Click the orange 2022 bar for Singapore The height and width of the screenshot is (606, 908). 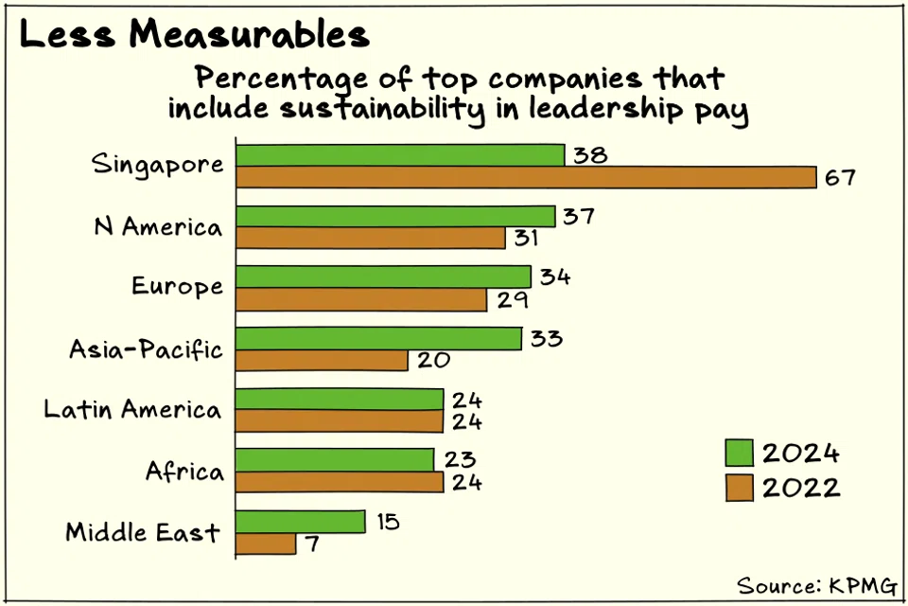pyautogui.click(x=525, y=177)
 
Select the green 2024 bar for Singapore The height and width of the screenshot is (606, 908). pyautogui.click(x=399, y=155)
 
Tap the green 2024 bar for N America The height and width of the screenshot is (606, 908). pyautogui.click(x=394, y=217)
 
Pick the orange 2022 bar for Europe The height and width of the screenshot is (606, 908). pyautogui.click(x=360, y=299)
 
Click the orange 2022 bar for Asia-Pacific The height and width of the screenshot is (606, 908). pyautogui.click(x=322, y=360)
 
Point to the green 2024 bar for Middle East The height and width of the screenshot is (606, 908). pyautogui.click(x=300, y=522)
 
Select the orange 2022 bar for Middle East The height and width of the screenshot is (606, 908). pyautogui.click(x=266, y=544)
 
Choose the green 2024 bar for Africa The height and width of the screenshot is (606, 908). pyautogui.click(x=334, y=460)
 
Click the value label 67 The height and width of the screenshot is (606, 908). pyautogui.click(x=837, y=178)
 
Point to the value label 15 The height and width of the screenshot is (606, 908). pyautogui.click(x=386, y=522)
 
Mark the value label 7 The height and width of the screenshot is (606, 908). pyautogui.click(x=313, y=546)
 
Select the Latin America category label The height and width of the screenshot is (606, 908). pyautogui.click(x=132, y=410)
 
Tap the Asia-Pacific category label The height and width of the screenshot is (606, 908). pyautogui.click(x=146, y=349)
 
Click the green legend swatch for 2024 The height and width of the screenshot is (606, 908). pyautogui.click(x=738, y=453)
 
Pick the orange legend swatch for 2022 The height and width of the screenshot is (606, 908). pyautogui.click(x=738, y=488)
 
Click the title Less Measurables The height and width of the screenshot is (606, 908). pyautogui.click(x=194, y=35)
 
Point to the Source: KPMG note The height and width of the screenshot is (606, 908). pyautogui.click(x=816, y=584)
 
